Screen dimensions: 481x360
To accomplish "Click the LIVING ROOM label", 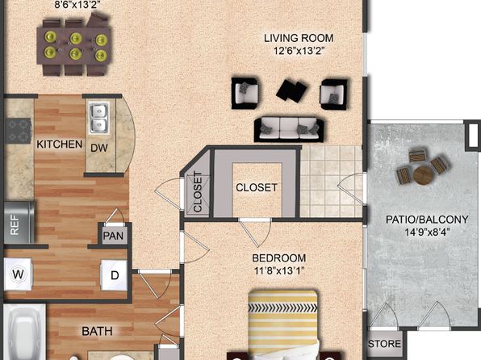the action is pos(299,38).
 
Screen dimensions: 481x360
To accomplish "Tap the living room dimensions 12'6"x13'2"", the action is pos(299,50).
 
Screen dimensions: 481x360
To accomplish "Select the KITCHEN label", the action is pos(59,144).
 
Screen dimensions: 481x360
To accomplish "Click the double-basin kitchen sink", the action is pos(99,118).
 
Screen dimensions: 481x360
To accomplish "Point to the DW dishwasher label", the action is pos(99,148).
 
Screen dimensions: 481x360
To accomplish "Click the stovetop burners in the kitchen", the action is pos(19,131).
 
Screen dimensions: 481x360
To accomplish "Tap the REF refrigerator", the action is pos(19,222).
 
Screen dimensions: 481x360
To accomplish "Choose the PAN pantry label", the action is pos(113,236).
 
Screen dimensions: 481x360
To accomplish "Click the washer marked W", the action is pos(19,274).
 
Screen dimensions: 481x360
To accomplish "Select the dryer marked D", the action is pos(114,275).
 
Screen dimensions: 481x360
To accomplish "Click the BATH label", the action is pos(97,332).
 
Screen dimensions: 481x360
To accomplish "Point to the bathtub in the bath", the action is pos(24,332).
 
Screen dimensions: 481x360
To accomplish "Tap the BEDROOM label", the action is pos(279,258).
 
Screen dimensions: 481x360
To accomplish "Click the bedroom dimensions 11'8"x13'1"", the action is pos(279,270).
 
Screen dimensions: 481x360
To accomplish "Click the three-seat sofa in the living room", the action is pos(289,129).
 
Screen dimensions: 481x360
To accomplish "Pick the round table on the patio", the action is pos(424,175).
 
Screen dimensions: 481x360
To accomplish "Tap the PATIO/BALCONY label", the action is pos(427,220).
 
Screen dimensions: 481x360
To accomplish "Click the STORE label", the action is pos(384,344).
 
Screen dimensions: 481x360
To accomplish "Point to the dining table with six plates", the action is pos(73,46).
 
